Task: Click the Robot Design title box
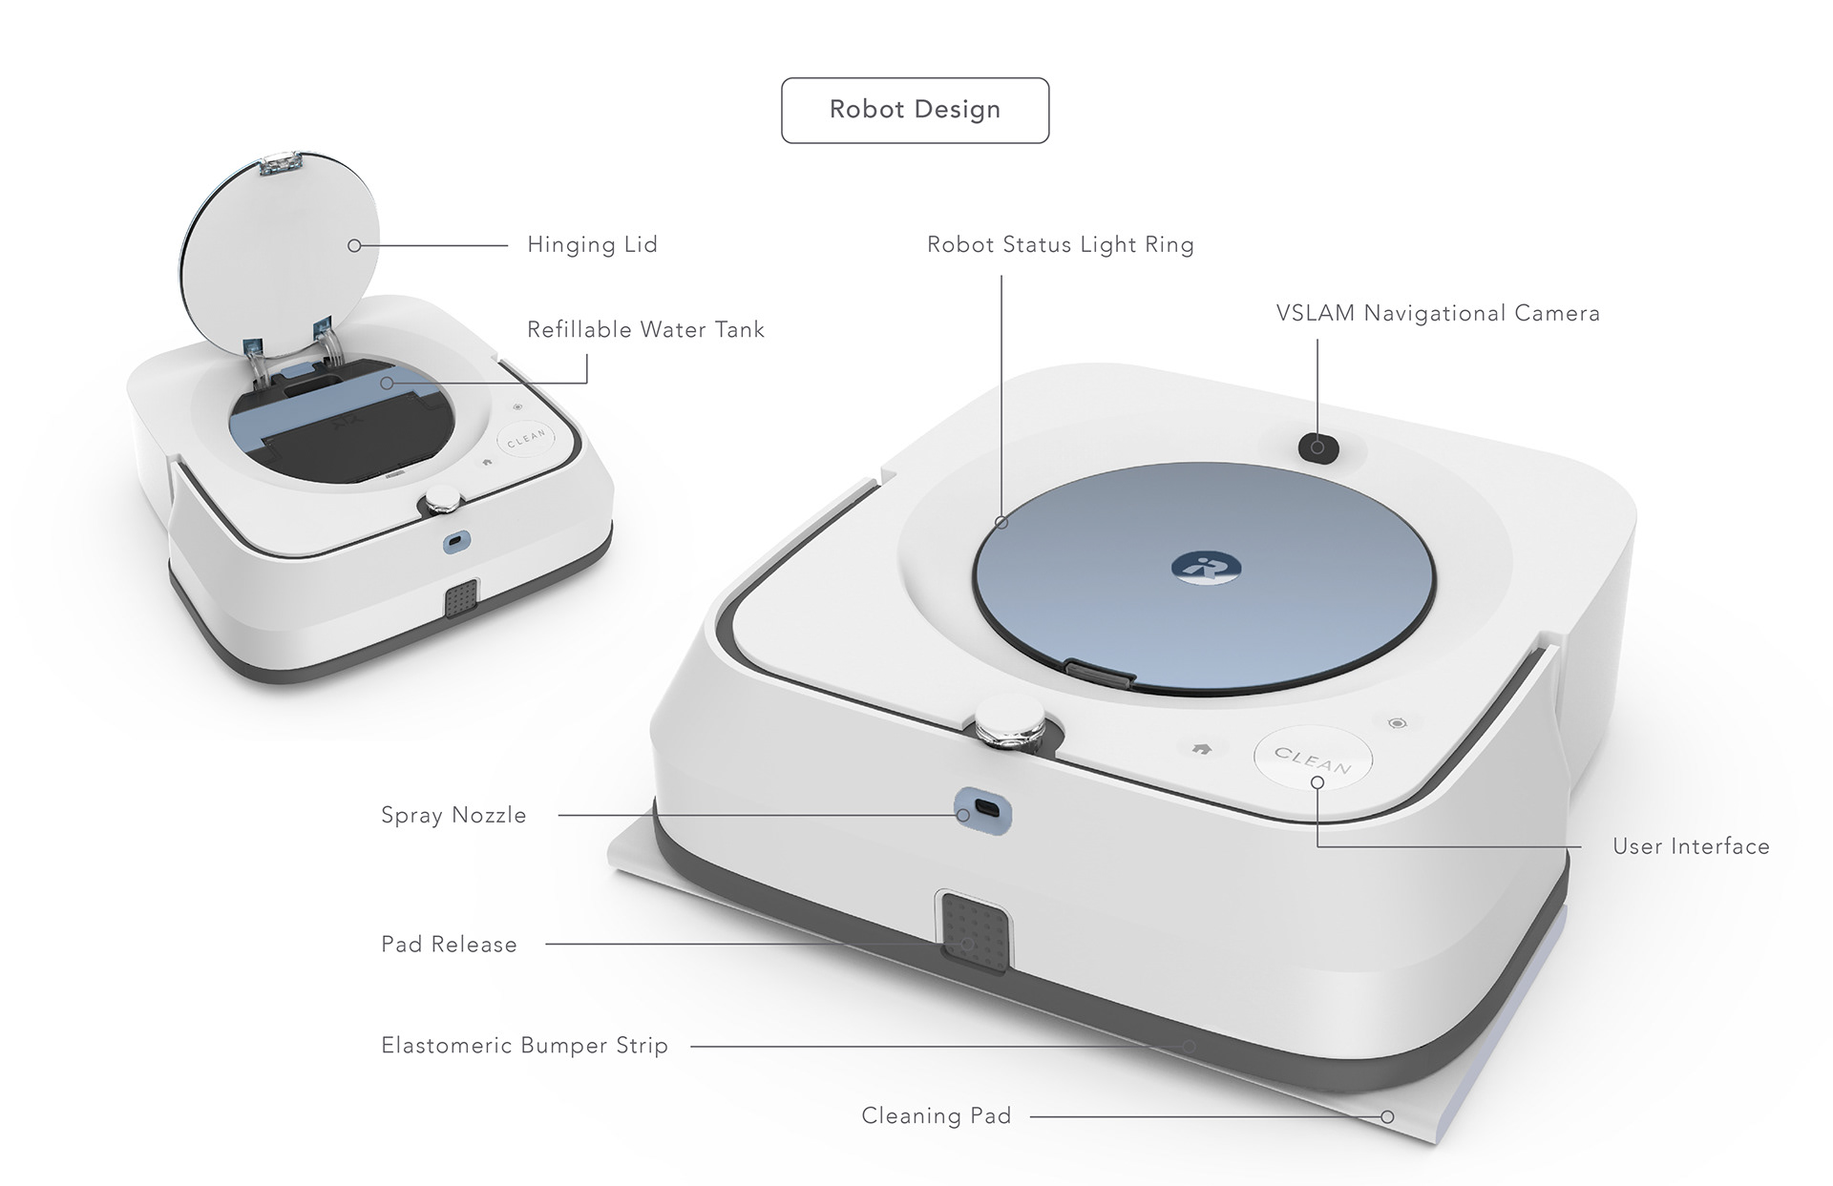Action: pos(915,111)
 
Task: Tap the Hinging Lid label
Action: pos(592,245)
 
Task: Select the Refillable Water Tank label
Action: pos(645,330)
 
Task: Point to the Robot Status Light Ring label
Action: pos(1060,245)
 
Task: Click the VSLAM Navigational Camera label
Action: pos(1437,314)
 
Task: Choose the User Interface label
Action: pos(1690,846)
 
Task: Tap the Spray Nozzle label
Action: pos(453,816)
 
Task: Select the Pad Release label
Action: pos(449,945)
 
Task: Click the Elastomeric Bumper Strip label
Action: pos(524,1046)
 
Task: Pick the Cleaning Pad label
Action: pos(936,1116)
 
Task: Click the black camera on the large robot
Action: pos(1317,447)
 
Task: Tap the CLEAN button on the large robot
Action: pos(1313,759)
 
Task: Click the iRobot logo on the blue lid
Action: pos(1205,567)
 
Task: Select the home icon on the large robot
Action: pos(1202,749)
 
